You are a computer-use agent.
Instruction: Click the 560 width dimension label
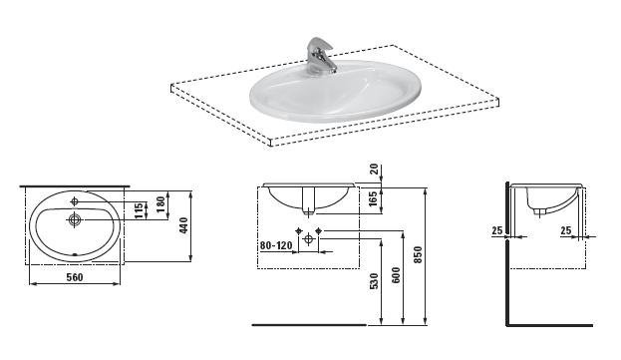tap(75, 277)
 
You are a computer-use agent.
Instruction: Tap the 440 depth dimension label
tap(184, 225)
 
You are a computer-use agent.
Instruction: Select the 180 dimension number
tap(160, 204)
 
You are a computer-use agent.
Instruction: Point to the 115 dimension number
tap(139, 210)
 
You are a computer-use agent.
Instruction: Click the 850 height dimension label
tap(419, 254)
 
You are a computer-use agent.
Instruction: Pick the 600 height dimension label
tap(396, 275)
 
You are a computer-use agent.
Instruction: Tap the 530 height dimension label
tap(374, 281)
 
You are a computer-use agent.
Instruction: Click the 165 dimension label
tap(373, 201)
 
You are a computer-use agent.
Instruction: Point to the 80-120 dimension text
tap(276, 245)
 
